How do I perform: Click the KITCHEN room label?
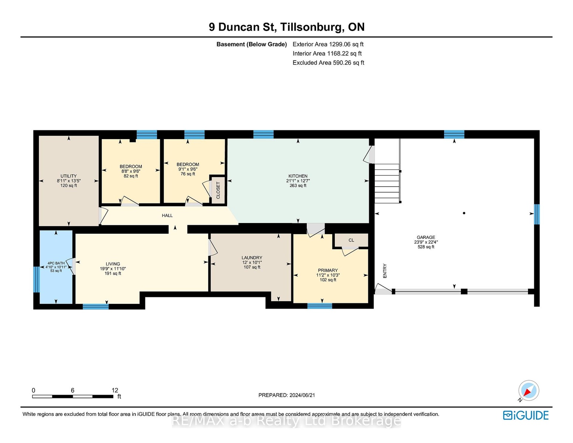point(298,176)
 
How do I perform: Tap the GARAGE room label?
point(426,237)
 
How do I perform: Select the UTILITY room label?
point(69,176)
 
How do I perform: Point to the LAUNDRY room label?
point(252,257)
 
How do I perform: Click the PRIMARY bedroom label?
point(328,270)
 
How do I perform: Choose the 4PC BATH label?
point(56,263)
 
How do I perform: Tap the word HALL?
point(167,215)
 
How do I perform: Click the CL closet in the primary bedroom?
point(351,240)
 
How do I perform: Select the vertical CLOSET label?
point(218,190)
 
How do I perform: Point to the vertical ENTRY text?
point(385,271)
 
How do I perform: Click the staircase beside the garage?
point(387,183)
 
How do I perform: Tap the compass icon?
point(528,391)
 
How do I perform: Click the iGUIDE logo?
point(525,415)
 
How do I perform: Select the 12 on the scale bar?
point(115,390)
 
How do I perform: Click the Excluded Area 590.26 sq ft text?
point(328,62)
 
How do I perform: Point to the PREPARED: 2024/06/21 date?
point(286,395)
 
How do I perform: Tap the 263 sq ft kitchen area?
point(298,185)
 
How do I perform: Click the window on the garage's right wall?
point(536,214)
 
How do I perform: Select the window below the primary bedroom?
point(320,306)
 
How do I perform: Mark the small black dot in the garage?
point(464,213)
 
